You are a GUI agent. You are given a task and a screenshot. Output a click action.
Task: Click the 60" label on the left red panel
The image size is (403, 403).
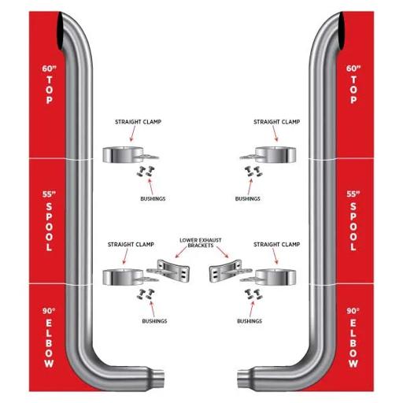pos(50,68)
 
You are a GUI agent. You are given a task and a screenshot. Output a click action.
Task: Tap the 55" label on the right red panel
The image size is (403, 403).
pos(353,194)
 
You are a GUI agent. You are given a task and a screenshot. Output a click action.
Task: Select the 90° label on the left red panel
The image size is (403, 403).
pos(49,311)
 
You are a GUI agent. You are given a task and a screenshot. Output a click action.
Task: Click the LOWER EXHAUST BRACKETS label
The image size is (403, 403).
pos(201,242)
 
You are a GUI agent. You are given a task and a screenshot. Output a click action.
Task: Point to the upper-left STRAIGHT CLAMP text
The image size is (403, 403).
pos(138,122)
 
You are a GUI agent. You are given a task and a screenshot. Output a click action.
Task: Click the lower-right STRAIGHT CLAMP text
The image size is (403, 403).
pos(276,244)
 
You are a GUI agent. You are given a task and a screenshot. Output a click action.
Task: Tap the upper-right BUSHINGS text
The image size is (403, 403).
pos(248,198)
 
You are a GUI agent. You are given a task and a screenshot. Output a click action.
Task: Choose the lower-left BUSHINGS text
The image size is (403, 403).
pos(154,321)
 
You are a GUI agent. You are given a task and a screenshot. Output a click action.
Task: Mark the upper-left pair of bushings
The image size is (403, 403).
pos(146,171)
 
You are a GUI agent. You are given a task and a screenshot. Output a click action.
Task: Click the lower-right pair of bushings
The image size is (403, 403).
pos(253,294)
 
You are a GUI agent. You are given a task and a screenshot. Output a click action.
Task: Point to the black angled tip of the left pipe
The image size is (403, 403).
pos(61,33)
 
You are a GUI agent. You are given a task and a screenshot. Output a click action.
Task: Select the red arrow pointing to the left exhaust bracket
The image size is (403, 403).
pos(181,253)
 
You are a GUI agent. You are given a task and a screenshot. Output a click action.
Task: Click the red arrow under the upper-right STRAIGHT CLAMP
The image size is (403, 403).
pos(275,134)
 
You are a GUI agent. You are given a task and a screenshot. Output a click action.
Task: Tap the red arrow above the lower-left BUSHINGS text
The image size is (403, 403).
pos(152,309)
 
